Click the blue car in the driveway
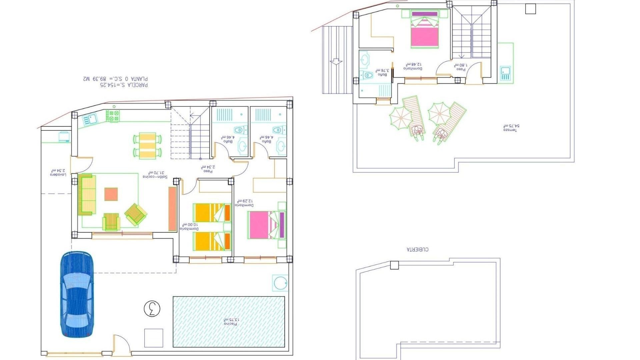(x=77, y=295)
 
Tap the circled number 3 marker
(x=152, y=309)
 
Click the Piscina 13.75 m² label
(x=231, y=322)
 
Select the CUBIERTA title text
(x=418, y=249)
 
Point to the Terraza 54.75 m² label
(x=511, y=128)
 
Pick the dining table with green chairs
(x=147, y=145)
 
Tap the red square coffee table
(x=111, y=194)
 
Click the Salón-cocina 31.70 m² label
(x=155, y=175)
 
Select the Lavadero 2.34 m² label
(x=58, y=172)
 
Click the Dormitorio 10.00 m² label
(x=189, y=227)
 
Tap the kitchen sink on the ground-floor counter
(x=90, y=118)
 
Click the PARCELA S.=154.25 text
(x=124, y=85)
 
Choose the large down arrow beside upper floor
(x=336, y=62)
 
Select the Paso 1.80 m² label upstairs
(x=461, y=67)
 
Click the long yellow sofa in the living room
(x=87, y=195)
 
